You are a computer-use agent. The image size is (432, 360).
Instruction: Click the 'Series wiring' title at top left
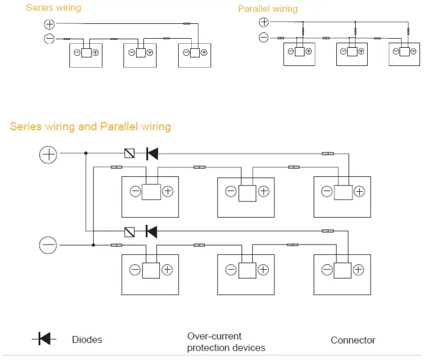54,8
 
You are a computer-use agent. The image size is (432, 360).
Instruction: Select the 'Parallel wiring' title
268,9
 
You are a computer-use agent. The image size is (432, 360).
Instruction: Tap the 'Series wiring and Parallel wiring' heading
90,127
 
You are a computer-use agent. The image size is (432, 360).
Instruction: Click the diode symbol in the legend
44,338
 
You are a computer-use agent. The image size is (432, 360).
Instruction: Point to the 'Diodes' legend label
87,340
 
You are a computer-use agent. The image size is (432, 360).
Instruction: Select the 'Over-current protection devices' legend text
226,342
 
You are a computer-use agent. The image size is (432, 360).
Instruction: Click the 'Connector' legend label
353,340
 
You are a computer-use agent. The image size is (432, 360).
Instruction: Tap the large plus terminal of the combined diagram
48,155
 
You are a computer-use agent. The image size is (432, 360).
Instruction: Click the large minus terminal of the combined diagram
48,245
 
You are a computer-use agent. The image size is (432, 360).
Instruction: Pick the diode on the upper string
152,154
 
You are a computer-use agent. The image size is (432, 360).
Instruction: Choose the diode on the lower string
151,231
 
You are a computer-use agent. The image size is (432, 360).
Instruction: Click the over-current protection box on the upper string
130,154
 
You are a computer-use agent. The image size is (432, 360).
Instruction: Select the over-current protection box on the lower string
130,232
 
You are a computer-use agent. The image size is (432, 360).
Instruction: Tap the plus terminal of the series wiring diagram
50,24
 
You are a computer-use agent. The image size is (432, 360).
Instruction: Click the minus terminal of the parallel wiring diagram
264,38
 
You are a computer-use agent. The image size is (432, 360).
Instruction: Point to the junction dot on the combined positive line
86,153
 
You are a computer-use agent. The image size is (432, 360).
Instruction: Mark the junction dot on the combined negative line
93,245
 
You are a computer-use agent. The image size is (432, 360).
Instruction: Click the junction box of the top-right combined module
343,192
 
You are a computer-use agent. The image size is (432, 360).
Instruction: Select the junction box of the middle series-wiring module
141,53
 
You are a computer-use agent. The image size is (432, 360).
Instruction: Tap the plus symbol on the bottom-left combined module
167,270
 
